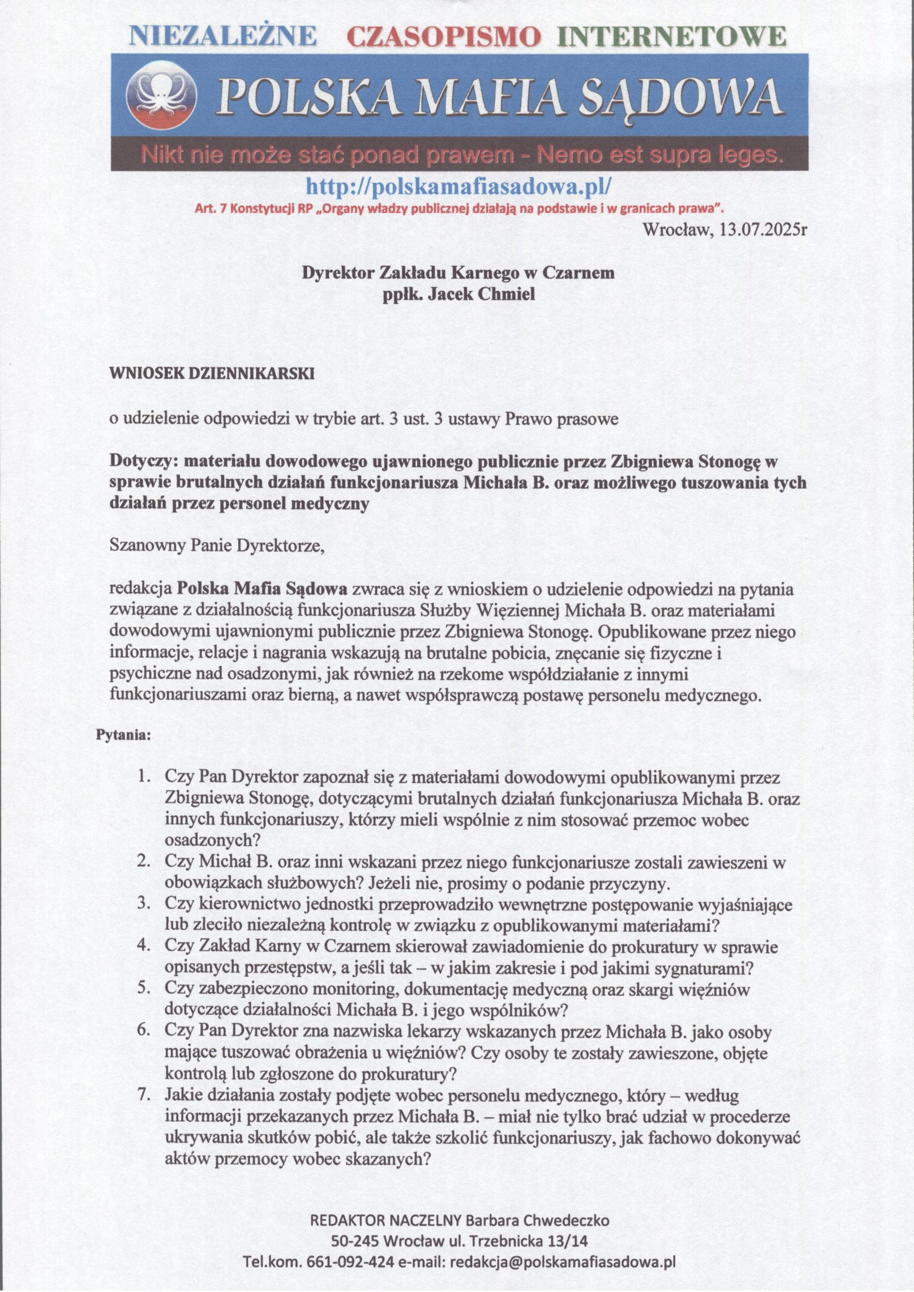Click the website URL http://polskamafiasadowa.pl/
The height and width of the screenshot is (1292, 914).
458,185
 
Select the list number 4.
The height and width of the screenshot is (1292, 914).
143,948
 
